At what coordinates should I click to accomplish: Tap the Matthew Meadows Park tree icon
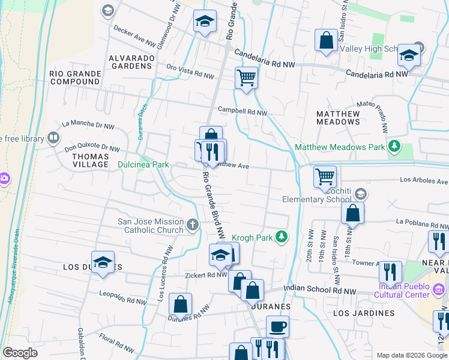[394, 146]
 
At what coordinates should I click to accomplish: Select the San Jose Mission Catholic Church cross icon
[192, 226]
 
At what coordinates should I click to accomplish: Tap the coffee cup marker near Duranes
[277, 327]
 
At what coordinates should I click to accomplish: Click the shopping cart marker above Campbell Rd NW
[246, 77]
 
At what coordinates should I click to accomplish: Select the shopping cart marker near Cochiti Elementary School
[325, 176]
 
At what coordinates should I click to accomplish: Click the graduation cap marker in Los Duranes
[103, 262]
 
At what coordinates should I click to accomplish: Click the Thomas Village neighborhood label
[90, 160]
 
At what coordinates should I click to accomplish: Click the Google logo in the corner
[20, 353]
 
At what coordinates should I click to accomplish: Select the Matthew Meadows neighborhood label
[338, 118]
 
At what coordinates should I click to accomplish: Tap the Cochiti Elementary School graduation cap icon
[360, 194]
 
